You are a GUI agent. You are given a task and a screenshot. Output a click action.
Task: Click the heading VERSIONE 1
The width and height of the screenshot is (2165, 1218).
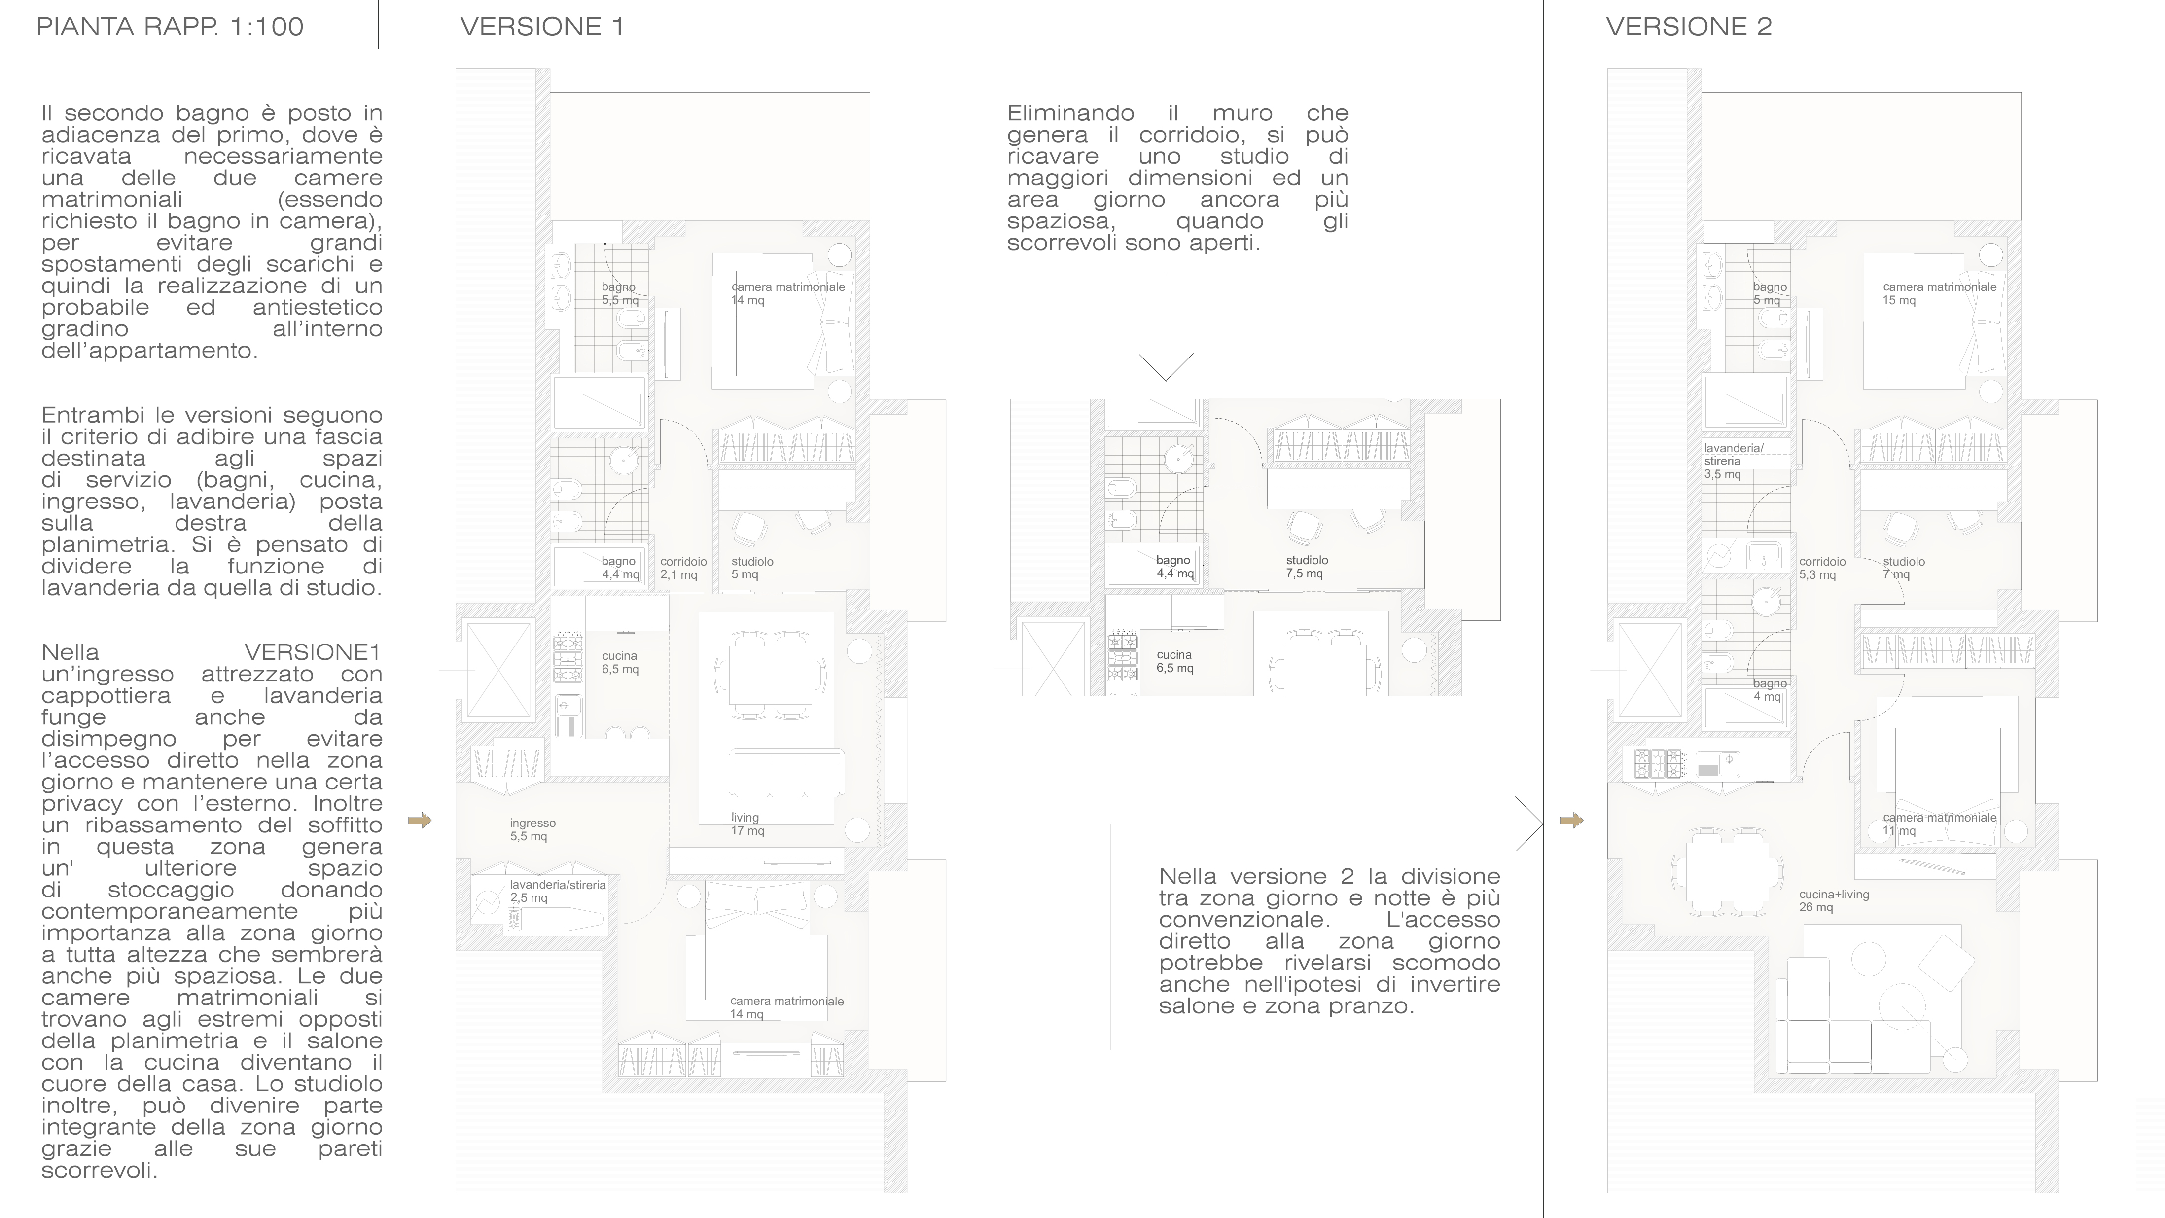pos(542,26)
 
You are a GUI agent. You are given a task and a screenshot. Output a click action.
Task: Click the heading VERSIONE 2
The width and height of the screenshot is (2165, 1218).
pos(1689,26)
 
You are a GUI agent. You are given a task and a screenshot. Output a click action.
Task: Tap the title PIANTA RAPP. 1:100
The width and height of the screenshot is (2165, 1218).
pos(170,26)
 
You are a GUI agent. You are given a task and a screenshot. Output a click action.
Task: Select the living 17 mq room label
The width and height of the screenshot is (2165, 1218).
pos(747,824)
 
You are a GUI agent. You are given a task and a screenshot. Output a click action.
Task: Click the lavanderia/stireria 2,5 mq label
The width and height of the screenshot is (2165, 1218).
pos(557,891)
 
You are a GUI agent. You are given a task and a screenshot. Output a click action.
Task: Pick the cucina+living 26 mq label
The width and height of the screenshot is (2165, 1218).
pos(1834,900)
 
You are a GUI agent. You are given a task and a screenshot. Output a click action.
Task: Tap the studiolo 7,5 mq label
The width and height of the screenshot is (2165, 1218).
pos(1307,567)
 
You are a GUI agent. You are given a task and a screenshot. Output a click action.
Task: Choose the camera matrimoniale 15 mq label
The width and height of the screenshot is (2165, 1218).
pos(1939,293)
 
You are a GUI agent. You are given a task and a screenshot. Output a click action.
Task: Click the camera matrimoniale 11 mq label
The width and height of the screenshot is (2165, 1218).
pos(1939,824)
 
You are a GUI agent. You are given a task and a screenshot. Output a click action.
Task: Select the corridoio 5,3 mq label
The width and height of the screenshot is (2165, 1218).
pos(1822,568)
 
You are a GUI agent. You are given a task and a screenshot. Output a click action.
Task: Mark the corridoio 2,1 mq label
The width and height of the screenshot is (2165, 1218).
pos(683,568)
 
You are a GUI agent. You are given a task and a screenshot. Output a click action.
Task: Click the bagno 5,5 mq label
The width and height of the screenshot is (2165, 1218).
pos(620,293)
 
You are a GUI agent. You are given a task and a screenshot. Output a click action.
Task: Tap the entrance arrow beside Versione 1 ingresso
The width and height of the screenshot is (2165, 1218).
pos(420,821)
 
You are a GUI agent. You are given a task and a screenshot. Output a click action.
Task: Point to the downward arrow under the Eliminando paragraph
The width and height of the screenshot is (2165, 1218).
pos(1166,328)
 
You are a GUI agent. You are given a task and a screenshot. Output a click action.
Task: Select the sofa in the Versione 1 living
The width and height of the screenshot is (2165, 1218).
pos(786,773)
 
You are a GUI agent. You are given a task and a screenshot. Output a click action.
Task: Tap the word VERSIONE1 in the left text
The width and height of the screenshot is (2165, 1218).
pos(313,652)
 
